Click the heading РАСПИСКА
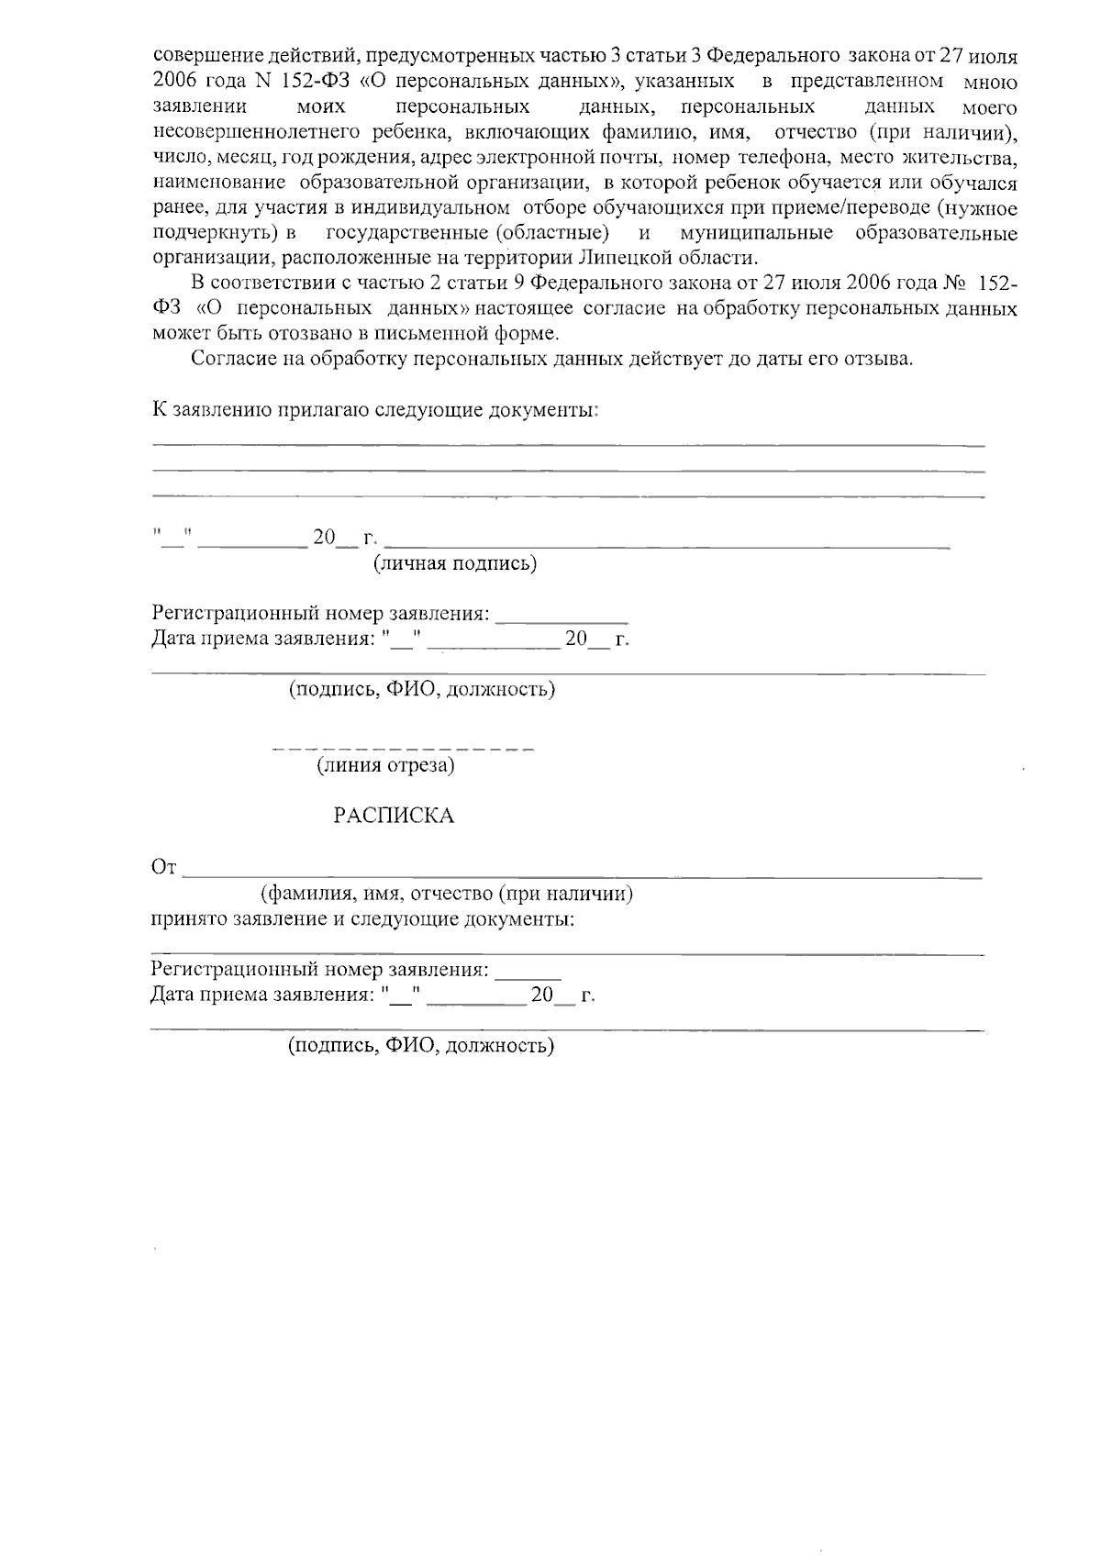(394, 816)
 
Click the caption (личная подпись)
(454, 563)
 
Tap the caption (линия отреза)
(386, 765)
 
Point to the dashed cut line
(404, 749)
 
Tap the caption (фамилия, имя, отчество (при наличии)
(447, 894)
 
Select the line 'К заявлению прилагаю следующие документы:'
(375, 410)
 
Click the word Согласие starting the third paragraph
(228, 358)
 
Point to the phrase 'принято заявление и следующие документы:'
(363, 918)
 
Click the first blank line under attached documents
(568, 446)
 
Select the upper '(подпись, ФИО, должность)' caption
(422, 689)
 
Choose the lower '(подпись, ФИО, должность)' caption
(422, 1046)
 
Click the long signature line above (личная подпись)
(667, 546)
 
